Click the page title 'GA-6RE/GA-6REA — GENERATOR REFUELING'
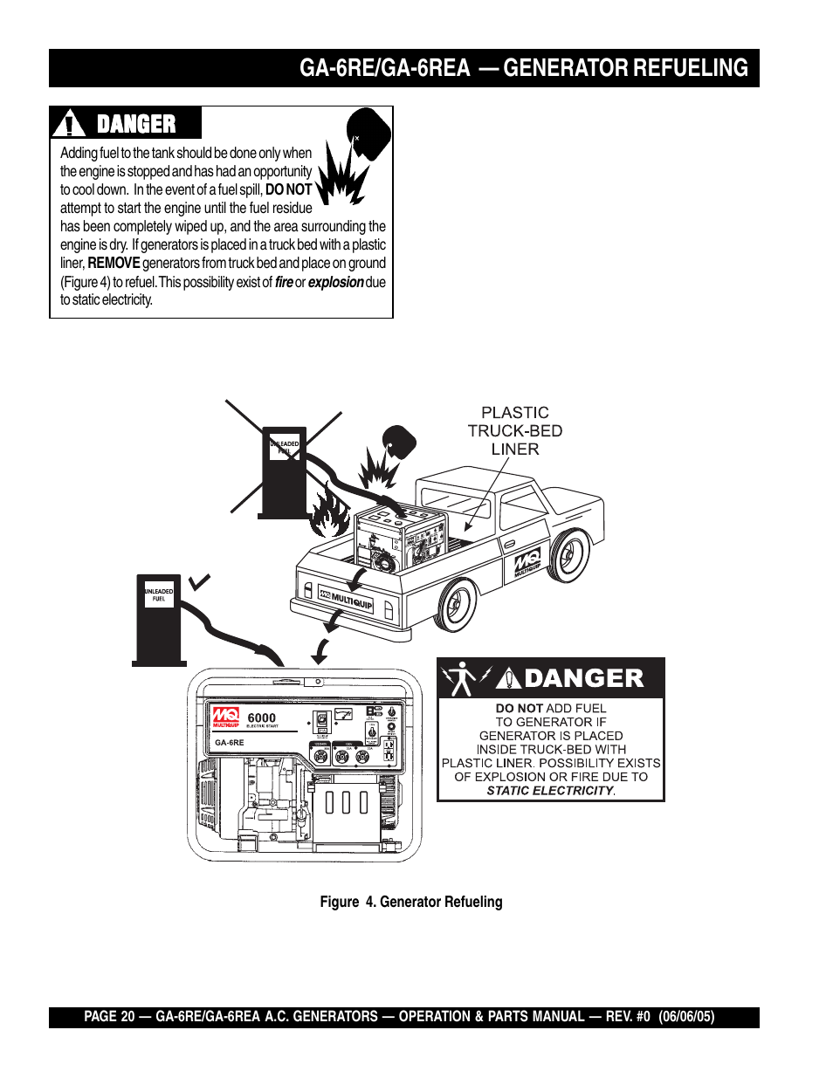[x=523, y=68]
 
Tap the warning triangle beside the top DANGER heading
[x=68, y=124]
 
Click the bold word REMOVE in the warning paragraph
[x=114, y=263]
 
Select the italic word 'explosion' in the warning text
[x=335, y=282]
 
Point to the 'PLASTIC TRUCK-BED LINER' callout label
[x=515, y=430]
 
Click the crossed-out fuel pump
[x=284, y=471]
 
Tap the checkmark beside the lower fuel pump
[x=200, y=580]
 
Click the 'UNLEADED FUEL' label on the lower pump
[x=158, y=595]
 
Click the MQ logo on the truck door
[x=527, y=563]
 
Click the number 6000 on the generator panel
[x=261, y=718]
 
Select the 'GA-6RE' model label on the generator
[x=230, y=743]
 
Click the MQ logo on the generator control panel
[x=225, y=718]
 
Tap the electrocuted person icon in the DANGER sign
[x=461, y=678]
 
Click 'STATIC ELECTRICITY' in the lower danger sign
[x=550, y=791]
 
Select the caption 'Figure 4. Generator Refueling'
[x=410, y=902]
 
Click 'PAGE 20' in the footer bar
[x=109, y=1017]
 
